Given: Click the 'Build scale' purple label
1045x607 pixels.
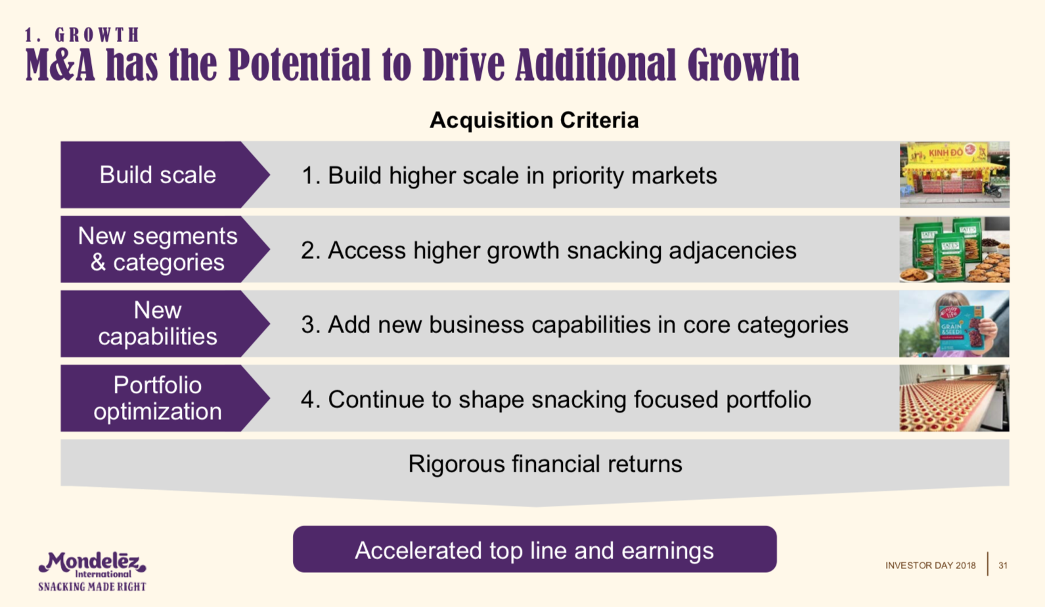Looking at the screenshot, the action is [158, 175].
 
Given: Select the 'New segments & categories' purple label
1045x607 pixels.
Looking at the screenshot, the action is [158, 249].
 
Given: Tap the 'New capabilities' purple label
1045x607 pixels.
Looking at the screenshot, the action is [158, 324].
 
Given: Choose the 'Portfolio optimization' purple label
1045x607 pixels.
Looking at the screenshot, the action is [158, 399].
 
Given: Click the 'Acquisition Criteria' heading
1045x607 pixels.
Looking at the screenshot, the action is [534, 120].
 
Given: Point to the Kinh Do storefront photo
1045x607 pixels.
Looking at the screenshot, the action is [954, 175].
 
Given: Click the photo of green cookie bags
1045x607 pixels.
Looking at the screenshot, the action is [954, 249].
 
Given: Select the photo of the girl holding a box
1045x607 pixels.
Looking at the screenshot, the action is [954, 324].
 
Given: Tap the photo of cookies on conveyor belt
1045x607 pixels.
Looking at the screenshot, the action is [954, 399].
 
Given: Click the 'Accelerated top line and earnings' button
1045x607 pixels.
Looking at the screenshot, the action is [535, 549].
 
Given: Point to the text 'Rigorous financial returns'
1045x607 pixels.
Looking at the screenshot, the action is [545, 464].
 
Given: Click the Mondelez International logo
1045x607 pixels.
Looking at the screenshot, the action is [93, 564].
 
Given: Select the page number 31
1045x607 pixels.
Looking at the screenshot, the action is [1003, 566].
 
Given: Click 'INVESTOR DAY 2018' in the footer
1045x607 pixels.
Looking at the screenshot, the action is [931, 566].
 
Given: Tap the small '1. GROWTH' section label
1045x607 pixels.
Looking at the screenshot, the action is [82, 35].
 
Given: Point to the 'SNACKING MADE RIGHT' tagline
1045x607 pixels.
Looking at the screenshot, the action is [93, 587].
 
